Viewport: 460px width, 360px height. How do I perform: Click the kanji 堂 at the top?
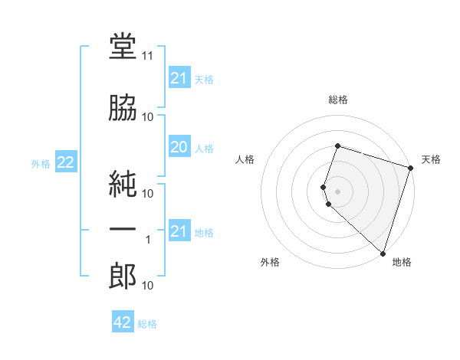click(x=123, y=46)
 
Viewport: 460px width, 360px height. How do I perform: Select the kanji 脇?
click(x=123, y=107)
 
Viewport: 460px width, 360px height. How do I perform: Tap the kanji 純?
click(x=123, y=184)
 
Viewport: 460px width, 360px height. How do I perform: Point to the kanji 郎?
click(x=123, y=276)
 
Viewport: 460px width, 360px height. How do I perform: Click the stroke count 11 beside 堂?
click(x=147, y=56)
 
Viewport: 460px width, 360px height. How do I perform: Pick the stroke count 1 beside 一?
click(x=148, y=240)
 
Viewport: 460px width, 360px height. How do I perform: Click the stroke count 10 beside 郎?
click(x=147, y=285)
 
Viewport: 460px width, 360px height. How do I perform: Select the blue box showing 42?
click(x=123, y=321)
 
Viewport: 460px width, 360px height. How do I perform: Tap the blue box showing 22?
click(x=66, y=162)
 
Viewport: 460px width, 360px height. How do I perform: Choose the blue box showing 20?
click(x=179, y=146)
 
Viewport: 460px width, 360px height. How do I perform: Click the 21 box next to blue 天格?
click(x=179, y=77)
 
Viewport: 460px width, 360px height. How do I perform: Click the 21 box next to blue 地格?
click(x=179, y=230)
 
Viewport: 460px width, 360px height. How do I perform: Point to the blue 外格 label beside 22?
click(x=41, y=164)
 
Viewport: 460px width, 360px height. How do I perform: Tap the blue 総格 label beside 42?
click(x=147, y=324)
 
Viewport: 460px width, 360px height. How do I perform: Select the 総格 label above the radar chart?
click(x=338, y=100)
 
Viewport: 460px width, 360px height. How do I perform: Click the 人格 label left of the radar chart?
click(x=245, y=159)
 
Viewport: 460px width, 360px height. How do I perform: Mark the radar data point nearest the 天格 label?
click(x=410, y=168)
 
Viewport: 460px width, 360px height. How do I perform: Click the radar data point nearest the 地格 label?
click(x=383, y=254)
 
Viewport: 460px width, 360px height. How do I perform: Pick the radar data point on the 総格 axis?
click(x=337, y=146)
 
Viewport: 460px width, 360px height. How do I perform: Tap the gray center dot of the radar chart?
click(x=337, y=191)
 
